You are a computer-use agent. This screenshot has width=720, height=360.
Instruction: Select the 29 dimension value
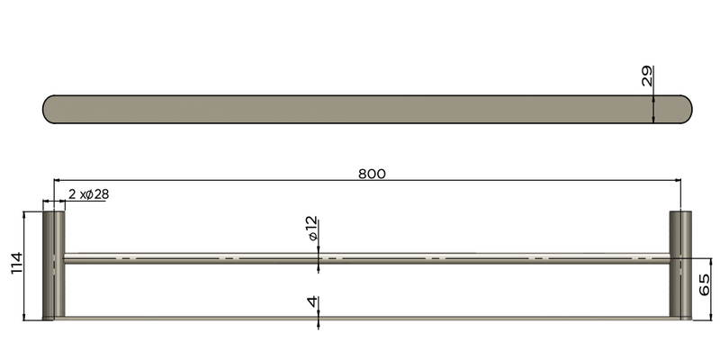[x=646, y=76]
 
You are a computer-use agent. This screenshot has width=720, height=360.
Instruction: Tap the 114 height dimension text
[x=16, y=265]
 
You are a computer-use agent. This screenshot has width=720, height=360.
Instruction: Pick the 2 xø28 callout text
[x=88, y=193]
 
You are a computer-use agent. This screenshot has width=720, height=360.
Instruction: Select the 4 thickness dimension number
[x=311, y=303]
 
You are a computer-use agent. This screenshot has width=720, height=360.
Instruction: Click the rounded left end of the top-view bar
[x=52, y=109]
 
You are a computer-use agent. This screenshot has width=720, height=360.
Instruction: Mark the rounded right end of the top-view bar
[x=684, y=109]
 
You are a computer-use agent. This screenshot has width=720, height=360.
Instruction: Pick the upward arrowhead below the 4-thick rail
[x=319, y=322]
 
